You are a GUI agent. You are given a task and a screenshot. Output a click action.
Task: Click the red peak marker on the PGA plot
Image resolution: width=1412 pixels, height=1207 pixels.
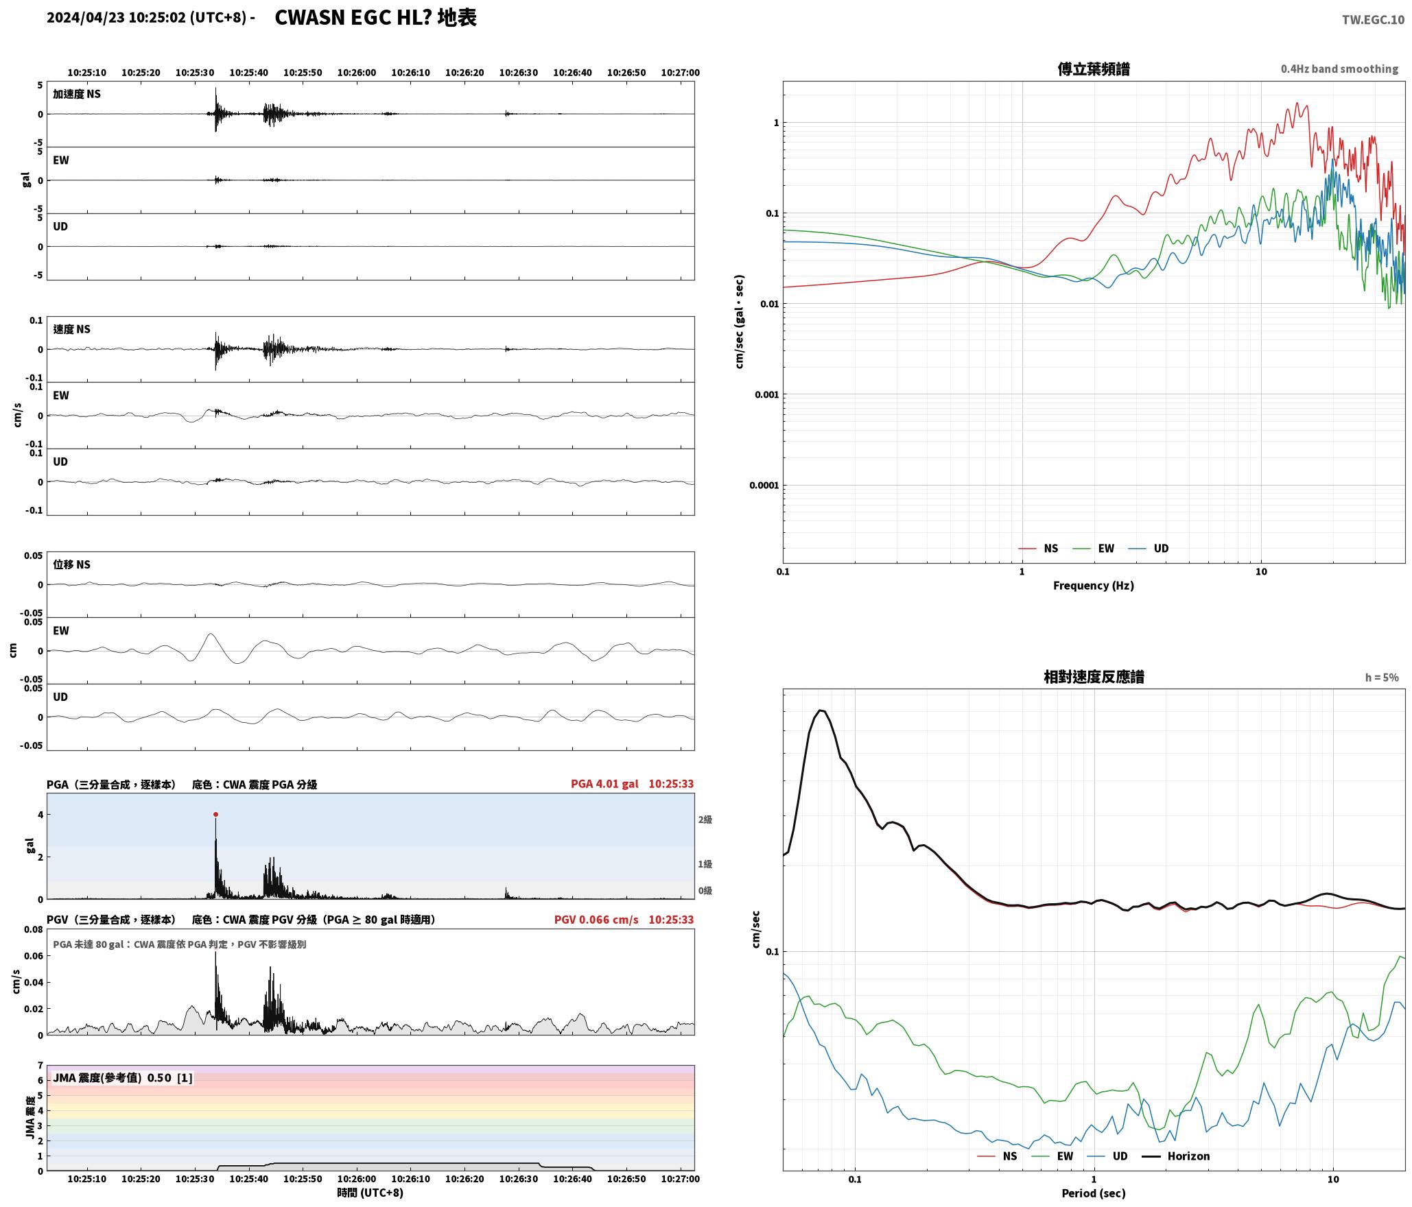(215, 815)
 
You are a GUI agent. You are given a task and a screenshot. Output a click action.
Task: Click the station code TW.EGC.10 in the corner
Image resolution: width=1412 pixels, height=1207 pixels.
(1373, 20)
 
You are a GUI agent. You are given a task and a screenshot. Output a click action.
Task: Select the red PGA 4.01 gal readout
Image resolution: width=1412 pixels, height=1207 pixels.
(604, 784)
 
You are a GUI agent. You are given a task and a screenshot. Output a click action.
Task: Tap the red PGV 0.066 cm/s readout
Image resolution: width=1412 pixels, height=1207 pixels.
(596, 920)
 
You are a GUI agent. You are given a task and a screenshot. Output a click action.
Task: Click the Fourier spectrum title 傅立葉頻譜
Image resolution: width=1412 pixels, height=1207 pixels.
(1094, 69)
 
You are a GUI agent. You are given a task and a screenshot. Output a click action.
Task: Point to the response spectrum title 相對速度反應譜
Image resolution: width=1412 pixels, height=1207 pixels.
(1094, 677)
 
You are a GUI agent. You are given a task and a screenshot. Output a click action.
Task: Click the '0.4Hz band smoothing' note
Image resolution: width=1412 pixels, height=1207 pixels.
(1339, 69)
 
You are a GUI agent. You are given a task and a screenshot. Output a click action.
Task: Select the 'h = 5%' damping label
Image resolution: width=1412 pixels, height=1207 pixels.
(1382, 678)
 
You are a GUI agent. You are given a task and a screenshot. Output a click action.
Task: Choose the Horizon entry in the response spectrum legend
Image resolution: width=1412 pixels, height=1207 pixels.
(1175, 1156)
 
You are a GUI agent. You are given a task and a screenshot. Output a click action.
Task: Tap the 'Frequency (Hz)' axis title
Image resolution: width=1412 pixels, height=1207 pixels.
(1094, 586)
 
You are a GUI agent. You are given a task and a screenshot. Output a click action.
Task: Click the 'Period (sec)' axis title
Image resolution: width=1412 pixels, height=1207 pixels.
(1094, 1193)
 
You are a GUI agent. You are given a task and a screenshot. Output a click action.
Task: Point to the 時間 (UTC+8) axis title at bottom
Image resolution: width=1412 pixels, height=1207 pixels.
(370, 1193)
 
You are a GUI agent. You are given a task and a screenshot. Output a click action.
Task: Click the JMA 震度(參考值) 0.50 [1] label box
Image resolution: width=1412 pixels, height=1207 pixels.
(123, 1078)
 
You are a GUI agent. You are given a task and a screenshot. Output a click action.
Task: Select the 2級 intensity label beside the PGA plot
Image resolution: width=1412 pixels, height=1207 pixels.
(705, 820)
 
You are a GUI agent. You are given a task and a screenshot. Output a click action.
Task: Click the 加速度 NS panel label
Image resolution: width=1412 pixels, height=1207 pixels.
(77, 94)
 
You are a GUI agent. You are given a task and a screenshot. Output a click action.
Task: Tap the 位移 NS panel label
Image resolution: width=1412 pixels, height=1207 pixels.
(71, 564)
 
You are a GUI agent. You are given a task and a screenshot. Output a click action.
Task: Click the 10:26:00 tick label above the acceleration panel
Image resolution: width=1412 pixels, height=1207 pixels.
(357, 73)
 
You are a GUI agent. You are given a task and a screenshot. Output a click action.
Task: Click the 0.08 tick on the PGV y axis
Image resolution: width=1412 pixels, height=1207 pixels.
(34, 930)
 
